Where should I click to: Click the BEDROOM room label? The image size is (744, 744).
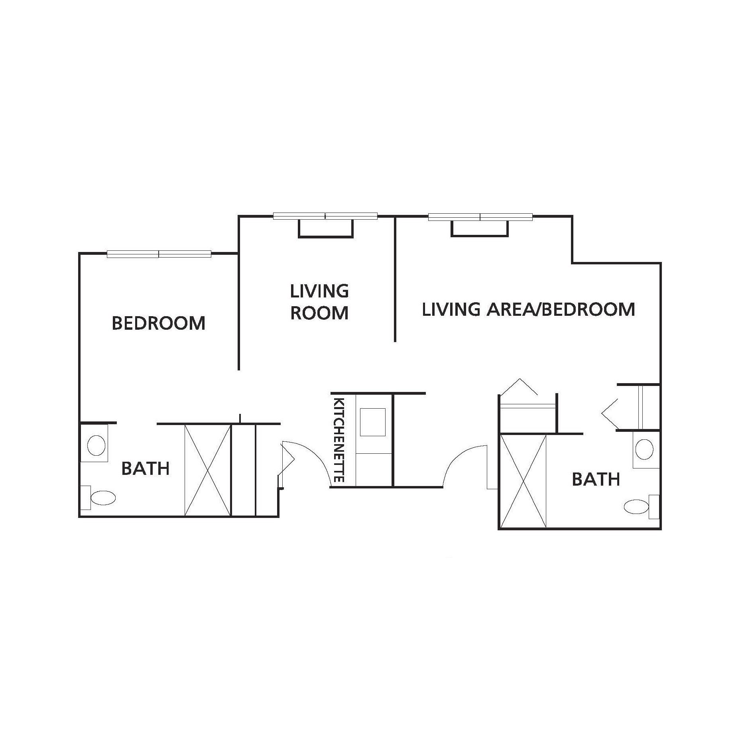point(158,323)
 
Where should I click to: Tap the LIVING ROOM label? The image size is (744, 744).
point(319,302)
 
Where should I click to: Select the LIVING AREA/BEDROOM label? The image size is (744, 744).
point(528,309)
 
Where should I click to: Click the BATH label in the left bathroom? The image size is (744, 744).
point(146,468)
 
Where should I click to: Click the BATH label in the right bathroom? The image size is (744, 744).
point(596,479)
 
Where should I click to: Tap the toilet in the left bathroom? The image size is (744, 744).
point(98,498)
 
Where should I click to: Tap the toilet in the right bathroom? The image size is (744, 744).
point(641,507)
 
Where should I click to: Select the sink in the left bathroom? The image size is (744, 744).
point(96,445)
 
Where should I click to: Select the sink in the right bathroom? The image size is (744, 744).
point(644,450)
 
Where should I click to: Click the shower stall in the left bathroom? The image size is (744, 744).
point(208,470)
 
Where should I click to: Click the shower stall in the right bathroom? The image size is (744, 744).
point(524,481)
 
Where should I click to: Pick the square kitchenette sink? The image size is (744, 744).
point(373,422)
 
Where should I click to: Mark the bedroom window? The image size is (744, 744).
point(159,254)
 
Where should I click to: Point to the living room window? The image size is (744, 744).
point(325,217)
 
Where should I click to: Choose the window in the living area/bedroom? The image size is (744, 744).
point(480,217)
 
